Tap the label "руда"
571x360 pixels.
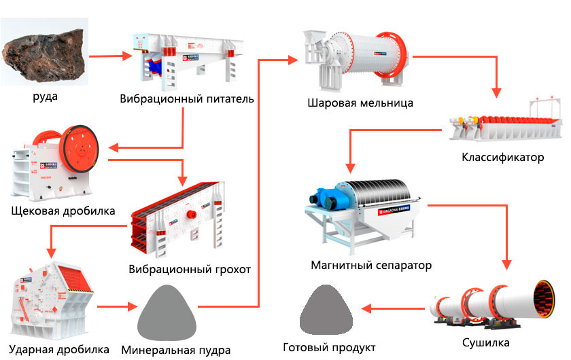(x=45, y=96)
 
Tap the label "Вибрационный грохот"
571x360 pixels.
(x=190, y=270)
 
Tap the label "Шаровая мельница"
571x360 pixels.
(x=360, y=103)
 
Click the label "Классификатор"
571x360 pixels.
(x=503, y=158)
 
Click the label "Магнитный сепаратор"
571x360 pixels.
(x=370, y=264)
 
